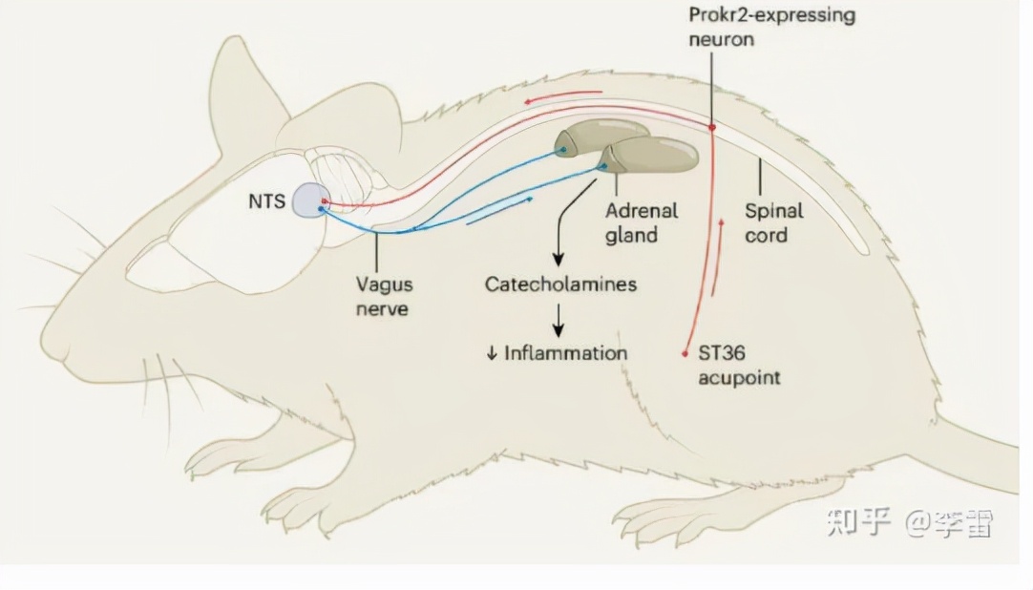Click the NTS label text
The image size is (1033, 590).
[266, 202]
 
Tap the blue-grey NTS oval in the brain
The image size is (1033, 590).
[309, 200]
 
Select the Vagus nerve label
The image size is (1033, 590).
[384, 296]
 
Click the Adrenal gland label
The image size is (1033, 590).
[641, 222]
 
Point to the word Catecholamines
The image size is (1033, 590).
[560, 284]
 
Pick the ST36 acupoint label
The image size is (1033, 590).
[738, 365]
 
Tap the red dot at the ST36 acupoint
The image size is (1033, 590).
[685, 353]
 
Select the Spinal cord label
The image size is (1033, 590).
[773, 222]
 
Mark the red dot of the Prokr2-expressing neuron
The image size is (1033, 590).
[712, 127]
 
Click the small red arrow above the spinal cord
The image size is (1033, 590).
[563, 95]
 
